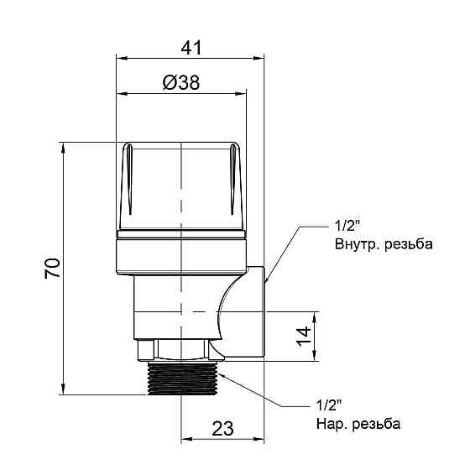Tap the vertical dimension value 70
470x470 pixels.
[x=50, y=268]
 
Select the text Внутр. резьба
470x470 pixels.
[x=383, y=245]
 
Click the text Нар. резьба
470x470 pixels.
[x=358, y=423]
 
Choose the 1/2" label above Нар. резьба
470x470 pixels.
[x=330, y=405]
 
